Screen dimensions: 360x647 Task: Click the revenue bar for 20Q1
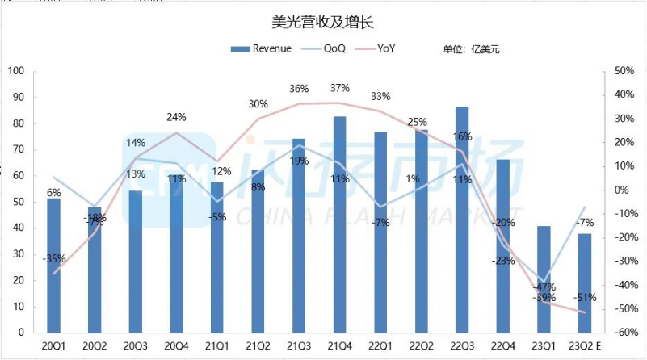[53, 266]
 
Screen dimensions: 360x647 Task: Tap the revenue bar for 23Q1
[544, 279]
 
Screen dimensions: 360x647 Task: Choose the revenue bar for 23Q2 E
[585, 283]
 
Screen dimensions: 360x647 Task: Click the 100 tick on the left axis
[16, 71]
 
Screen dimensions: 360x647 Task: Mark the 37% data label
[339, 88]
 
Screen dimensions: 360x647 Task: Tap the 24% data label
[176, 117]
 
